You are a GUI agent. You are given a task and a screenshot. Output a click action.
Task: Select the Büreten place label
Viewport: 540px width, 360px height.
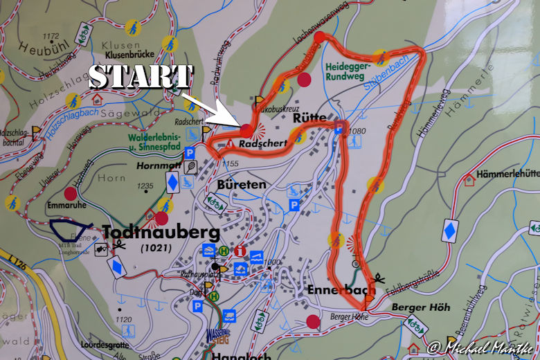click(242, 185)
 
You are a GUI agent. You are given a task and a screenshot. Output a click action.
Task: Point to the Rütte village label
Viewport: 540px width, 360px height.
click(309, 119)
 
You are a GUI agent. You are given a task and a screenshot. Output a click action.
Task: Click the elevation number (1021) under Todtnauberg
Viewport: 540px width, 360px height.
click(156, 248)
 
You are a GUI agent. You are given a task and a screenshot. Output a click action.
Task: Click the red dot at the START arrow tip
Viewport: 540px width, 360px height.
click(246, 129)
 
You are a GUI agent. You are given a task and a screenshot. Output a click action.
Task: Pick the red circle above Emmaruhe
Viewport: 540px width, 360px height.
click(71, 192)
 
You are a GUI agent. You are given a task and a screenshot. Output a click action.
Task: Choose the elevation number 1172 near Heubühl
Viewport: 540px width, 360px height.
click(51, 36)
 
